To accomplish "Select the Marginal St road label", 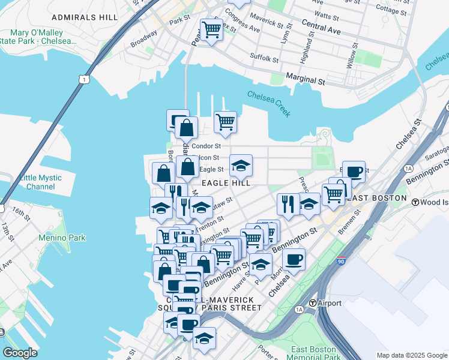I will click(x=305, y=79).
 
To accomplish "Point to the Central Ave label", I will click(x=321, y=28).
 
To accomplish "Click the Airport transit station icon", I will click(x=313, y=303).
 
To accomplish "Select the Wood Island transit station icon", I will click(x=415, y=202).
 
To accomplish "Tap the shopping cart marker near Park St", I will click(x=211, y=29).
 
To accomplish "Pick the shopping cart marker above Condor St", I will click(x=225, y=122).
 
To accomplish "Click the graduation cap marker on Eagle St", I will click(x=241, y=166).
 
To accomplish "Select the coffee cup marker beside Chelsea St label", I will click(x=294, y=260).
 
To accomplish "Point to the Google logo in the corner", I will click(x=20, y=352).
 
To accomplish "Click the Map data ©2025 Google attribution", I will click(x=411, y=355).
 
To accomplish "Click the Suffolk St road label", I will click(x=264, y=59).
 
